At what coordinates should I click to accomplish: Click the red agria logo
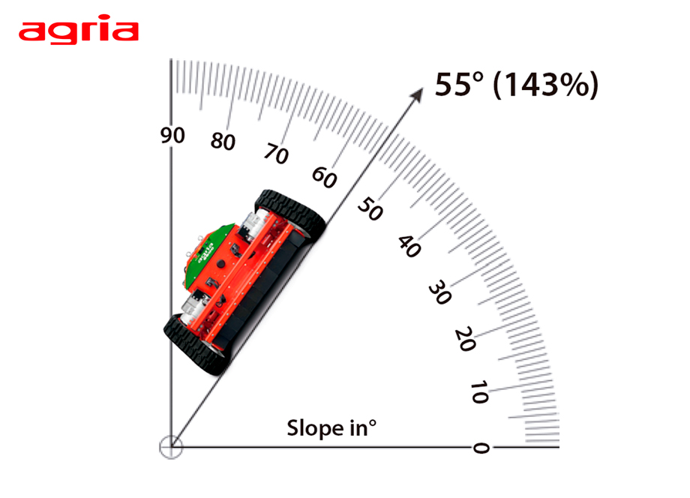coord(78,29)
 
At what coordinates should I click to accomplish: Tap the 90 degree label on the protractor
coord(172,136)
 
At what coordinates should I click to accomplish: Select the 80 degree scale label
coord(223,141)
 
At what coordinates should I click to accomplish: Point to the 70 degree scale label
coord(276,154)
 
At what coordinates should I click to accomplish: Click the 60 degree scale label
coord(324,177)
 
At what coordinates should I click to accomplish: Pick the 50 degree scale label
coord(370,208)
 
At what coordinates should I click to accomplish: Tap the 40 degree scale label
coord(409,246)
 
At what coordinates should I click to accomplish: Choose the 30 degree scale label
coord(439,292)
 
